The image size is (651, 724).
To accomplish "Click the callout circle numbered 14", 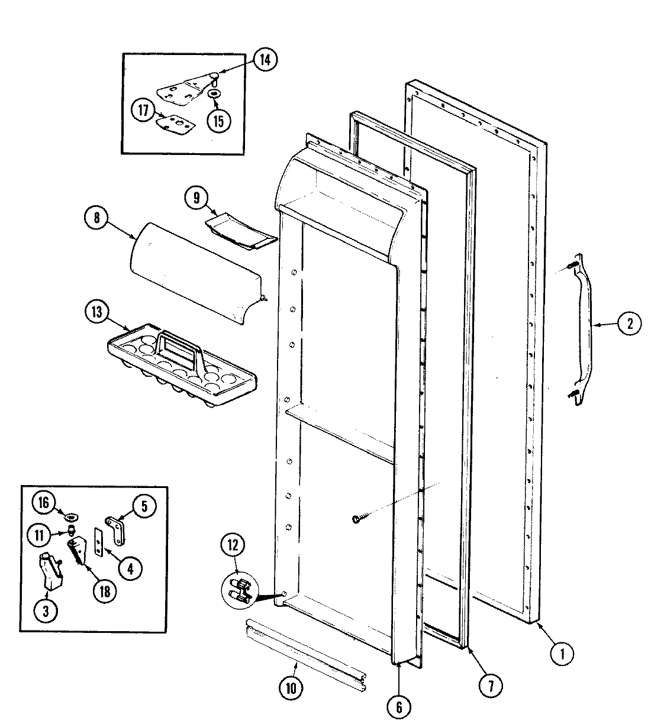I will pyautogui.click(x=265, y=61).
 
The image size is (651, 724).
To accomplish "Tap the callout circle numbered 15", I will pyautogui.click(x=218, y=121).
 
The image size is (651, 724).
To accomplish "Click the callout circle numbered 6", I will pyautogui.click(x=399, y=706).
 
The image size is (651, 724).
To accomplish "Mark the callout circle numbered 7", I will pyautogui.click(x=491, y=685).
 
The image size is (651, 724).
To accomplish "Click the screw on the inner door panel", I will pyautogui.click(x=356, y=519).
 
